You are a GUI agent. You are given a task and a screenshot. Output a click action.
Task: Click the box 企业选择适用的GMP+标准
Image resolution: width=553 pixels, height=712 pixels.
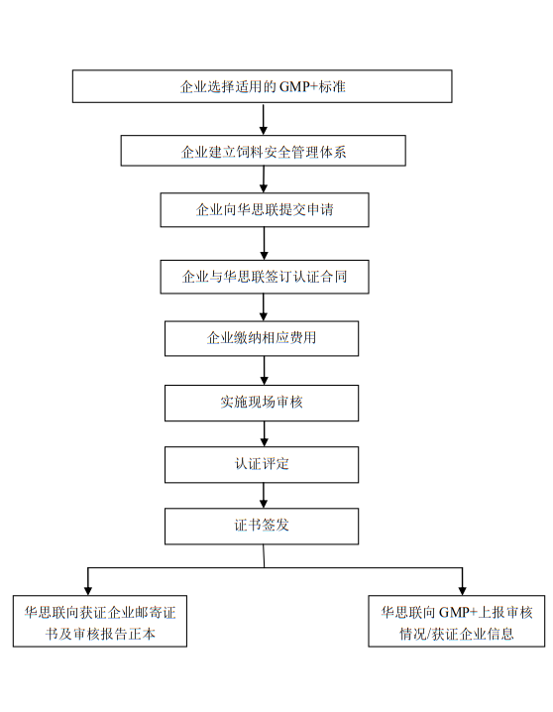tap(263, 86)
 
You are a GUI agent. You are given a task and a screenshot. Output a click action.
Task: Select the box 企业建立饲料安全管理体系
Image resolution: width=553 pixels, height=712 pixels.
tap(263, 151)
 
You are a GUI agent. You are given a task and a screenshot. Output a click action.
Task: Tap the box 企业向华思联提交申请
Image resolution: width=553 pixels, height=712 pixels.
tap(265, 210)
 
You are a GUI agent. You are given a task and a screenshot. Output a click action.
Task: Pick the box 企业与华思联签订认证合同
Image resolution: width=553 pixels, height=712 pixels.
tap(265, 277)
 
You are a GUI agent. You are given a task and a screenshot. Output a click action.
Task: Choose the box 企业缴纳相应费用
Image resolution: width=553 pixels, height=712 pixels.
tap(262, 338)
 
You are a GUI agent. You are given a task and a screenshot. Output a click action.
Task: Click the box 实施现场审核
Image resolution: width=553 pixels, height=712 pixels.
tap(262, 403)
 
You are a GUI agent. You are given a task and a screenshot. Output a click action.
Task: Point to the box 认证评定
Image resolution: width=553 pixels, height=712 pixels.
tap(262, 464)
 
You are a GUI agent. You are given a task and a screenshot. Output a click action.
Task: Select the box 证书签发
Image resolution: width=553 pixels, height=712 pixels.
tap(262, 527)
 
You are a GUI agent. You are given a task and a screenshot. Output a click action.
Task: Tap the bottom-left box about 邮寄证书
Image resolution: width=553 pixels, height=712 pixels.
tap(100, 621)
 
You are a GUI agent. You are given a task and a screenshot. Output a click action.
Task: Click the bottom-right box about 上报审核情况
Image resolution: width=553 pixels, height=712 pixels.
tap(456, 621)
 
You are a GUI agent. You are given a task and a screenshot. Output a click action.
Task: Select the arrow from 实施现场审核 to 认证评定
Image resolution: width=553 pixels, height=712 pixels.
tap(264, 434)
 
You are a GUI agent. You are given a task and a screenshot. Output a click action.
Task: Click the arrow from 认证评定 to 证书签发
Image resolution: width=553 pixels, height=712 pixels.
tap(264, 496)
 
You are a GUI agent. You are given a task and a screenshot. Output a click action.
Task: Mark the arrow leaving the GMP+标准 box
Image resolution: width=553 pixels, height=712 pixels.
tap(263, 119)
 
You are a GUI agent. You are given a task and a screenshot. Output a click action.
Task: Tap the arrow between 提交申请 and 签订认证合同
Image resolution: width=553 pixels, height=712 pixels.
tap(264, 243)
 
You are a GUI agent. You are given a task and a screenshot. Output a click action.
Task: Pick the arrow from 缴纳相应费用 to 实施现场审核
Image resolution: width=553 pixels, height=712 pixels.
tap(264, 371)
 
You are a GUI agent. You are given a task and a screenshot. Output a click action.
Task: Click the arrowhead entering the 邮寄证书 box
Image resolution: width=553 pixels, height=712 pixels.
tap(88, 591)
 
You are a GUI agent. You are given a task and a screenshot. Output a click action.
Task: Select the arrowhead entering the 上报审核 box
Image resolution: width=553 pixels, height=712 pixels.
tap(462, 591)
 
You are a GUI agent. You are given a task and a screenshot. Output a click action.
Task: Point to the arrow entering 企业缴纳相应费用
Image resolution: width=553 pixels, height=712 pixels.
tap(264, 307)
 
